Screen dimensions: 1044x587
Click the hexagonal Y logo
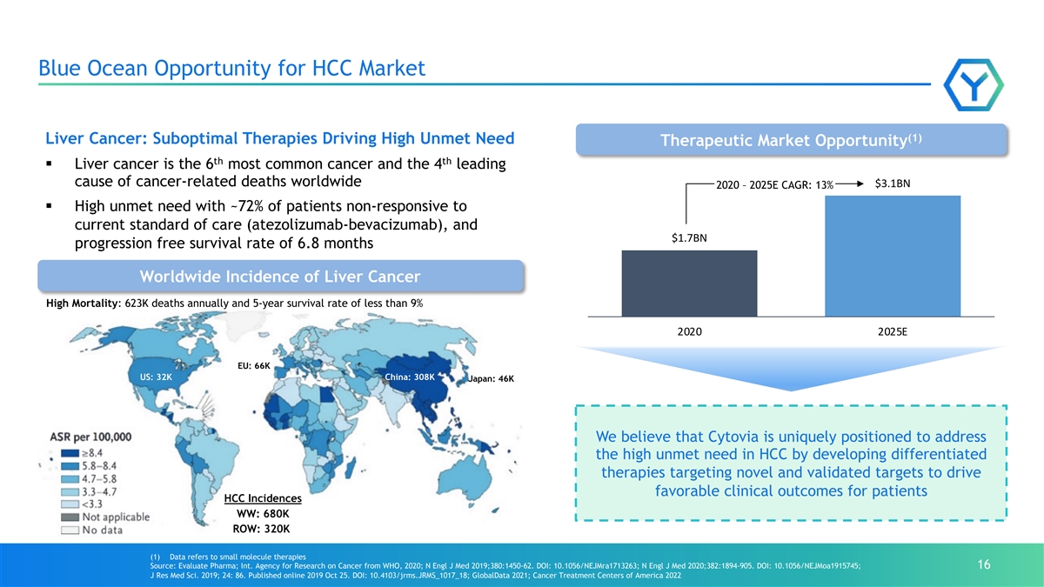click(974, 85)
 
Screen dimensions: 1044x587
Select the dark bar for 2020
click(689, 283)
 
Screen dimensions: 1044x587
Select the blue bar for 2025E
click(893, 257)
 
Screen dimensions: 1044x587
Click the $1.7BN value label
click(689, 238)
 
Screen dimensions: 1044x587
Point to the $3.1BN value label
click(893, 183)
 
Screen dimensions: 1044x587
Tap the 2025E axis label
click(893, 331)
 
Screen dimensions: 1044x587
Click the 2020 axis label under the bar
click(689, 331)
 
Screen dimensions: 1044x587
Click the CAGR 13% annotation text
click(774, 185)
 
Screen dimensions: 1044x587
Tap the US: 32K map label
click(156, 377)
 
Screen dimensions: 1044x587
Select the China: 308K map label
click(410, 377)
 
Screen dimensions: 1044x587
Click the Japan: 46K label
click(492, 379)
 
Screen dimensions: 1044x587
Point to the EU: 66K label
click(254, 366)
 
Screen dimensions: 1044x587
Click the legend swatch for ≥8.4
click(70, 453)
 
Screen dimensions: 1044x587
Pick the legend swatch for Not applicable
click(70, 517)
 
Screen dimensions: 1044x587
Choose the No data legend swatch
click(70, 530)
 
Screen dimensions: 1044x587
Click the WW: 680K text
click(263, 514)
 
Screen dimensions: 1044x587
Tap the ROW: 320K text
click(262, 530)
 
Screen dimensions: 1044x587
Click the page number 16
click(984, 564)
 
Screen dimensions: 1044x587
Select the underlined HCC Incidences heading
click(263, 498)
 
